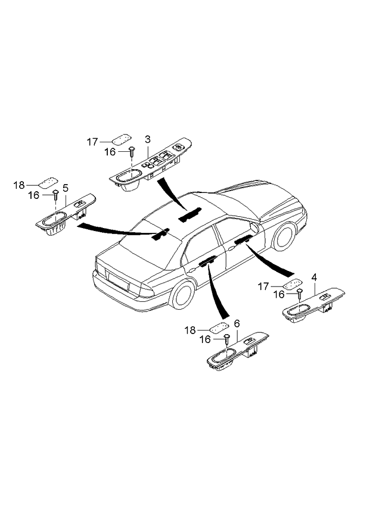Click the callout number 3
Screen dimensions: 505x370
pos(148,139)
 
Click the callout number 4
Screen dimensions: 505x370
pos(314,278)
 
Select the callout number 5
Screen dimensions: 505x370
pos(66,187)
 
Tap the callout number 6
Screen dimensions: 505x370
pos(237,323)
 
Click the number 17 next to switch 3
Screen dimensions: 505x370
pos(92,142)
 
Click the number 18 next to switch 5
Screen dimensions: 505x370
pos(20,185)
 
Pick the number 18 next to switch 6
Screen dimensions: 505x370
pos(189,330)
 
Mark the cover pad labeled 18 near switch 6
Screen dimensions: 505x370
pos(219,326)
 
